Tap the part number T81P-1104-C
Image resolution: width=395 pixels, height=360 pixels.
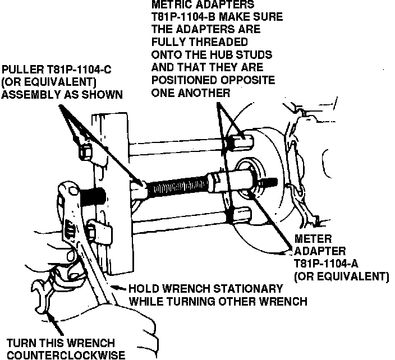(79, 70)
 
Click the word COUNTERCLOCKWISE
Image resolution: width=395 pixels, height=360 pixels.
(66, 354)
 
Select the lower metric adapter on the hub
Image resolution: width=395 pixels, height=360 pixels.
(238, 215)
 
